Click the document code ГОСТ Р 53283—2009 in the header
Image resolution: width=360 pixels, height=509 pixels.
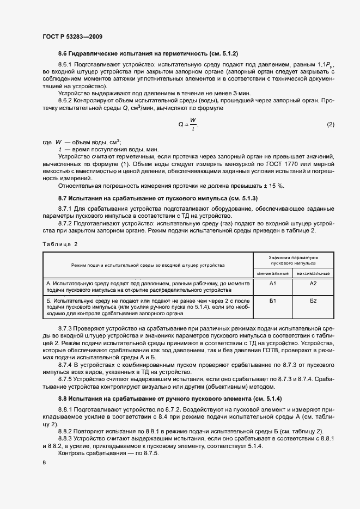tap(72, 37)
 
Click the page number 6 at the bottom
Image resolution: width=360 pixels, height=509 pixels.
tap(44, 462)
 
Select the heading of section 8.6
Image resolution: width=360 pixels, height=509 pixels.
tap(148, 53)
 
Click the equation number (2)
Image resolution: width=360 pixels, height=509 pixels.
tap(330, 125)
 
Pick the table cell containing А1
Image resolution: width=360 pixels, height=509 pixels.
tap(273, 284)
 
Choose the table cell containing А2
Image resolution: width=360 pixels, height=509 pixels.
tap(313, 284)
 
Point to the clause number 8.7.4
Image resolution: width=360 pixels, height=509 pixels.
tap(67, 364)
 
